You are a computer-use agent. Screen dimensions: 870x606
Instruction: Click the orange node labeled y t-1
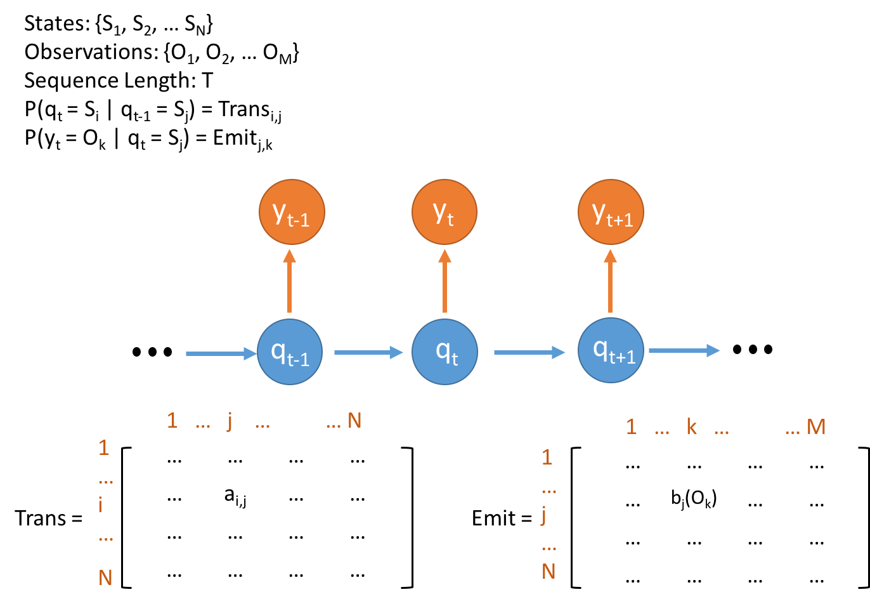tap(292, 212)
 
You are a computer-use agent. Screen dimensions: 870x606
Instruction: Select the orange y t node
tap(445, 212)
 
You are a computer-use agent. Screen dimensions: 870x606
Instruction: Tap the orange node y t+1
tap(611, 212)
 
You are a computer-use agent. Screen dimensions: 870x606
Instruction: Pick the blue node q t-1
tap(290, 352)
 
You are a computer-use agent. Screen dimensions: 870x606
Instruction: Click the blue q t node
tap(445, 352)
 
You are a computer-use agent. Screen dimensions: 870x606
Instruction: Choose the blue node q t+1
tap(611, 351)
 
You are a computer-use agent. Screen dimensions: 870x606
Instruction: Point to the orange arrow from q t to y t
tap(445, 281)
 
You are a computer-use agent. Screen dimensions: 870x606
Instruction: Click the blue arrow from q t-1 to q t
tap(368, 353)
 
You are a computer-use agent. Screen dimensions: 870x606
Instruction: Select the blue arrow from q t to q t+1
tap(529, 353)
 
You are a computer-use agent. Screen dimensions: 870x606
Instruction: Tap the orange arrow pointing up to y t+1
tap(610, 281)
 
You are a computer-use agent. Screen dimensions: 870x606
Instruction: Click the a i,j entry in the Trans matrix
tap(235, 497)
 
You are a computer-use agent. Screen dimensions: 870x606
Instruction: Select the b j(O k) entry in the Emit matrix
tap(694, 499)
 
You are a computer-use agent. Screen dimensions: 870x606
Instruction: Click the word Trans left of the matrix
tap(41, 518)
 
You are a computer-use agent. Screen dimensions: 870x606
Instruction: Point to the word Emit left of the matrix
tap(493, 518)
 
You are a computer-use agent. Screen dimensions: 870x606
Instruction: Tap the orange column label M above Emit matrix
tap(815, 427)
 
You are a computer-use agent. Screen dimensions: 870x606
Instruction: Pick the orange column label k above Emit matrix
tap(692, 426)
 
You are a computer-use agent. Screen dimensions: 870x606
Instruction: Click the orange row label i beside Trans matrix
tap(101, 504)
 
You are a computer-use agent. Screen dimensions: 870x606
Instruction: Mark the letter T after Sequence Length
tap(207, 81)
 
